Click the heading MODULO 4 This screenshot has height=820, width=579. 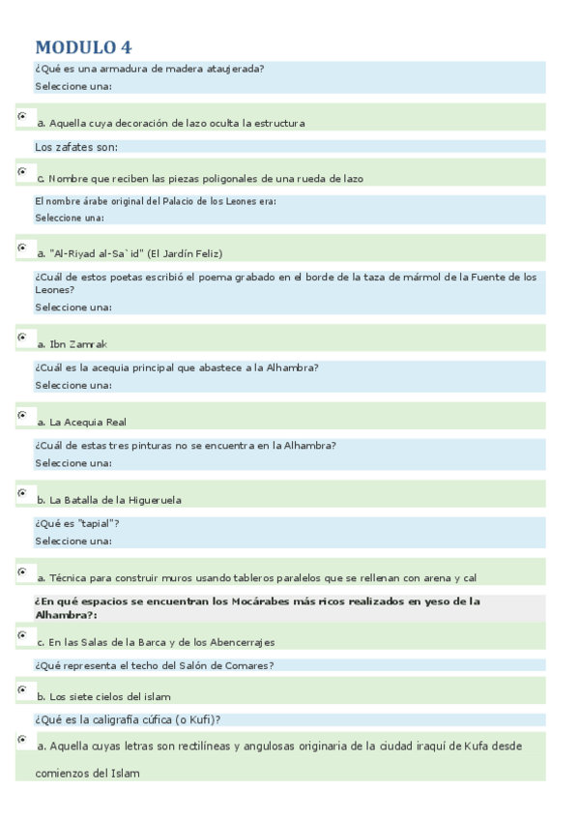pyautogui.click(x=83, y=47)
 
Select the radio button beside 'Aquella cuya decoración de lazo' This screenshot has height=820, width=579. pyautogui.click(x=22, y=116)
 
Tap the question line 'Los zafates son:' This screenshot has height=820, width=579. pyautogui.click(x=76, y=147)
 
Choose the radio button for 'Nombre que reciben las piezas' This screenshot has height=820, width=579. pyautogui.click(x=22, y=171)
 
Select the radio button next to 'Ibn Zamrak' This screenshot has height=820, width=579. pyautogui.click(x=22, y=337)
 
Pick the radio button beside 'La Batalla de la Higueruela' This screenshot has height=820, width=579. pyautogui.click(x=22, y=493)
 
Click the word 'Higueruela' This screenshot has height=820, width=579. pyautogui.click(x=155, y=500)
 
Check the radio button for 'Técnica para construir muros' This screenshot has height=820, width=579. pyautogui.click(x=22, y=571)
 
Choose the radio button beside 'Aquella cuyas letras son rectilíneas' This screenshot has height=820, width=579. pyautogui.click(x=22, y=740)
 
